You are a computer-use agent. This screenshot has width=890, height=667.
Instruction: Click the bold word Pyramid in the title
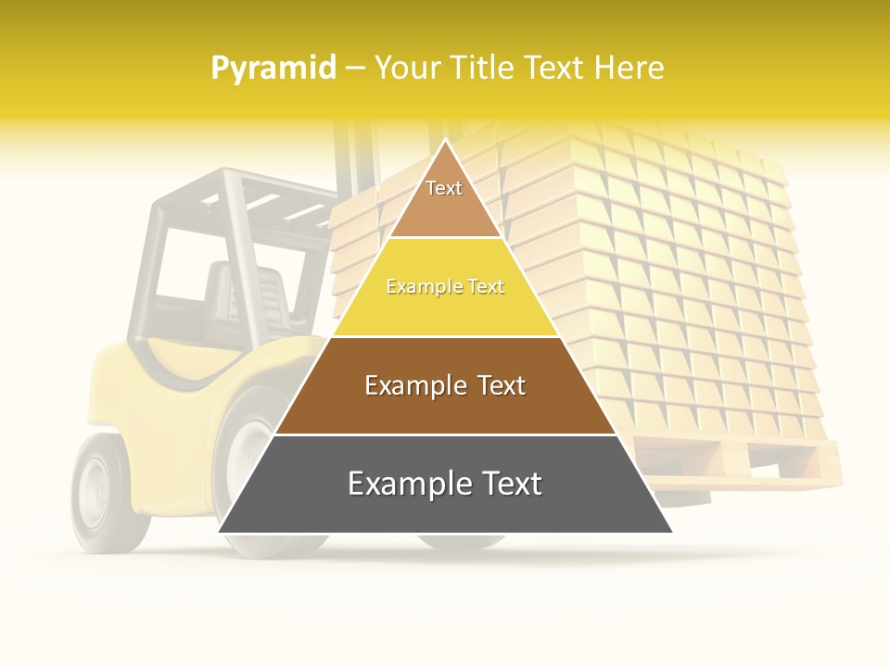pos(273,69)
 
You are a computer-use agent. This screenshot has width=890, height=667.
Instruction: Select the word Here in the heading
pos(629,69)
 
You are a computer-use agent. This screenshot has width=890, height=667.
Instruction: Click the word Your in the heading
pos(408,69)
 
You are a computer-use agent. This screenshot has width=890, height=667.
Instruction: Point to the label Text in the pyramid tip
pos(444,188)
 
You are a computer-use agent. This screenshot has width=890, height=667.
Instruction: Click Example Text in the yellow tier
pos(445,287)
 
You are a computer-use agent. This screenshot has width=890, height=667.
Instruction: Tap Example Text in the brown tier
pos(445,385)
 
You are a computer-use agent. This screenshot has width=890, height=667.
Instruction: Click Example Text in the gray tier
pos(445,484)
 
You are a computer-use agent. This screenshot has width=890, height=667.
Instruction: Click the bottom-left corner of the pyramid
pos(221,531)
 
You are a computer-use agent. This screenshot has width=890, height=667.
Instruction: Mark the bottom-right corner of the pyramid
pos(670,531)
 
